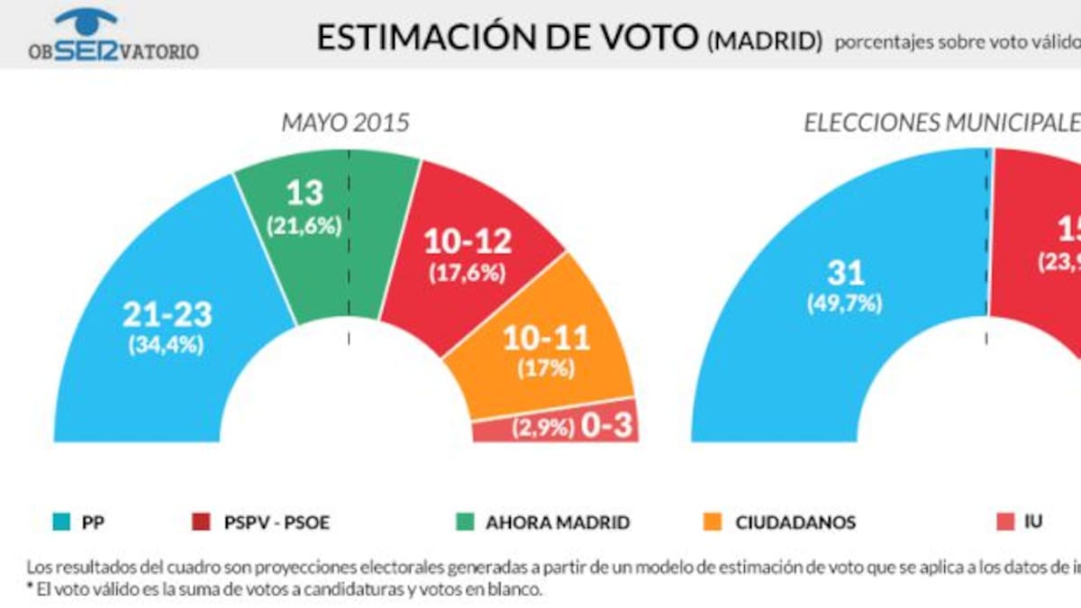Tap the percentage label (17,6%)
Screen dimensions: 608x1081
[480, 274]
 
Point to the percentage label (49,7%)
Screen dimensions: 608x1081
[843, 304]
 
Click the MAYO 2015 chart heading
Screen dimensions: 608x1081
[345, 123]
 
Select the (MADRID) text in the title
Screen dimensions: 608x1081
[765, 41]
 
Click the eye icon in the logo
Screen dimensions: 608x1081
[86, 19]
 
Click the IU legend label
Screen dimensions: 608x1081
[1033, 522]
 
